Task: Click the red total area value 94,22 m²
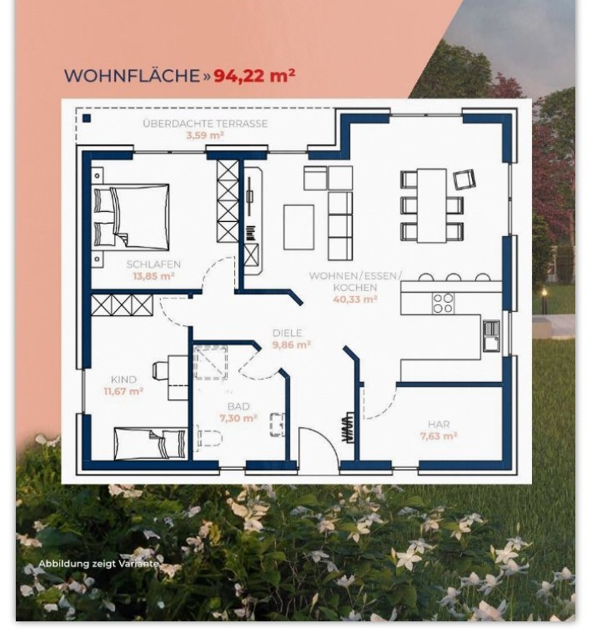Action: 254,75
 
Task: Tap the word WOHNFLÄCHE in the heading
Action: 132,76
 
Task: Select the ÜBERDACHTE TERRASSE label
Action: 205,123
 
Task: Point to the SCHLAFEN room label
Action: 153,264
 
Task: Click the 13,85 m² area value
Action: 153,276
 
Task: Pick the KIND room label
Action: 123,379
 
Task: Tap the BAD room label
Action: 238,406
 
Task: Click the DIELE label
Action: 288,333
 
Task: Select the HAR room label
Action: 439,424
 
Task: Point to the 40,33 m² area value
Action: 355,299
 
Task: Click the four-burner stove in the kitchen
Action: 444,303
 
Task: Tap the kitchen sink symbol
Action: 491,335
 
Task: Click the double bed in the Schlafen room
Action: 131,217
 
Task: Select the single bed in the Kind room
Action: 150,444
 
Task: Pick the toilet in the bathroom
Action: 208,438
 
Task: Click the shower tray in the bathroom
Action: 210,363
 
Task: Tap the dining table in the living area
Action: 432,205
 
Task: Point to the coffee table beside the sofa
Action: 299,227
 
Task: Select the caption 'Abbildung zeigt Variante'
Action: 98,564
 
